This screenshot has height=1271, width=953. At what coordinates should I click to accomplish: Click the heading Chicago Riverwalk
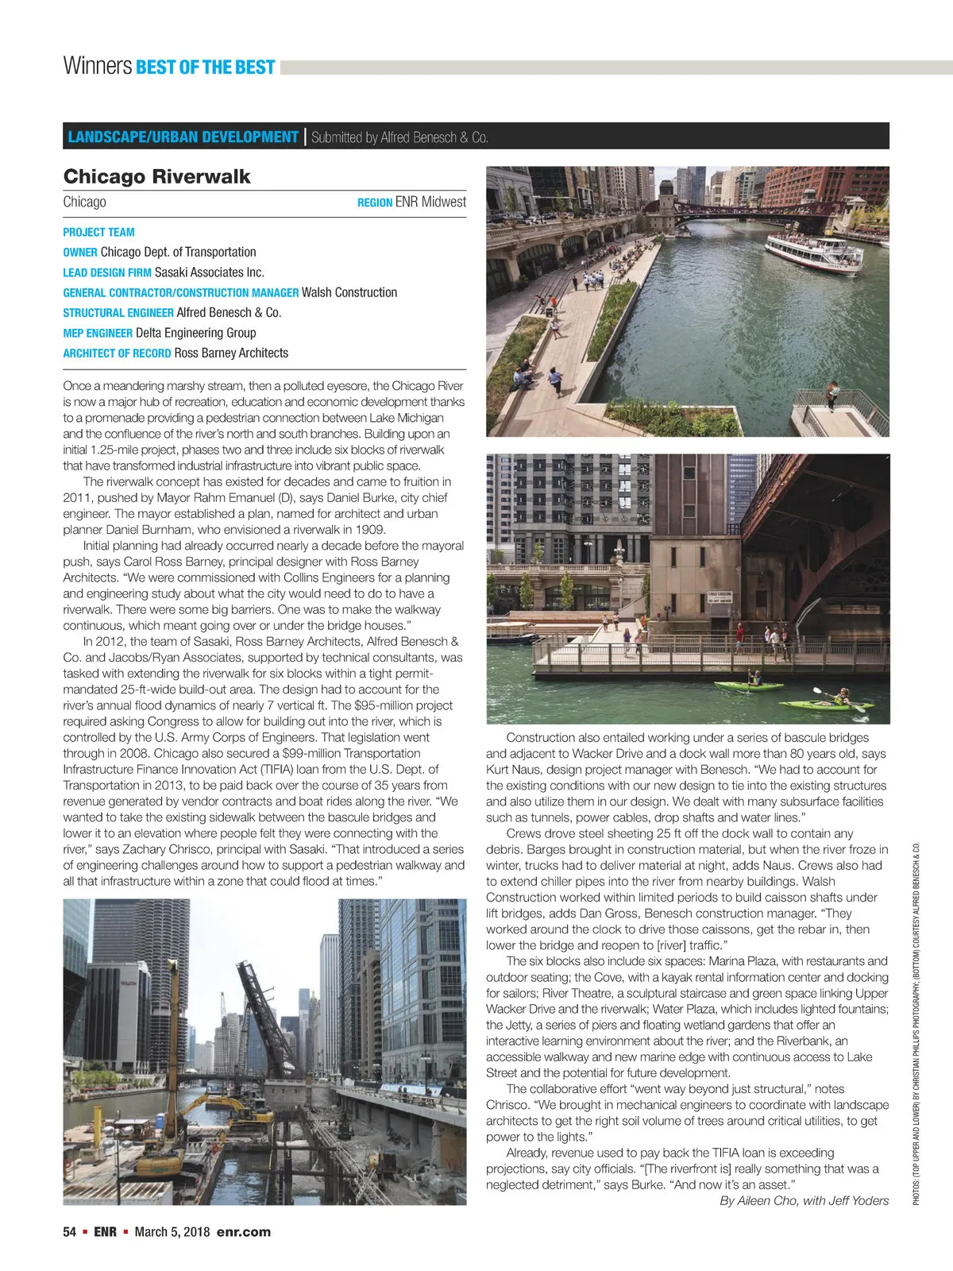(x=156, y=176)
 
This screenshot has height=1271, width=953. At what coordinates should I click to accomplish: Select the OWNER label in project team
(x=80, y=253)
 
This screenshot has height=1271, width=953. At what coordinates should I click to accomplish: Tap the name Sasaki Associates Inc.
(x=209, y=272)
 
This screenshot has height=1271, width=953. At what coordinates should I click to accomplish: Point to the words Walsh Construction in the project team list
(x=349, y=292)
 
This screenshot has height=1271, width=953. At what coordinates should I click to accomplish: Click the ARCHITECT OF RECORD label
(x=117, y=353)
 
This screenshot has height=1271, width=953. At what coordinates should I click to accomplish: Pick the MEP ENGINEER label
(x=98, y=334)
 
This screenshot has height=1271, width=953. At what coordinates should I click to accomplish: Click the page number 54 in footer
(x=69, y=1232)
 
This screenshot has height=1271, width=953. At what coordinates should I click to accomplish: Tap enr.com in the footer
(x=243, y=1232)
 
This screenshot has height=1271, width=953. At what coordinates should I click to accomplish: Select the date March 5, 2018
(x=172, y=1232)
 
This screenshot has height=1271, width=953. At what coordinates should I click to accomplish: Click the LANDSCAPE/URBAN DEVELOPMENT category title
(x=183, y=137)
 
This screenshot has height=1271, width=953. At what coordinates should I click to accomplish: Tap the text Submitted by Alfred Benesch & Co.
(x=399, y=137)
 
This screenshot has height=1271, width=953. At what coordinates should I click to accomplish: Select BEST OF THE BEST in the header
(x=206, y=67)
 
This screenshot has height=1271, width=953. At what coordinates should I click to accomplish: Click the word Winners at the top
(x=97, y=66)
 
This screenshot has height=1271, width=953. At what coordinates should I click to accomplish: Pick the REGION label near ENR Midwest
(x=375, y=203)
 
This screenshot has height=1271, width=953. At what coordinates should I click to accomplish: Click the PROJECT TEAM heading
(x=98, y=232)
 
